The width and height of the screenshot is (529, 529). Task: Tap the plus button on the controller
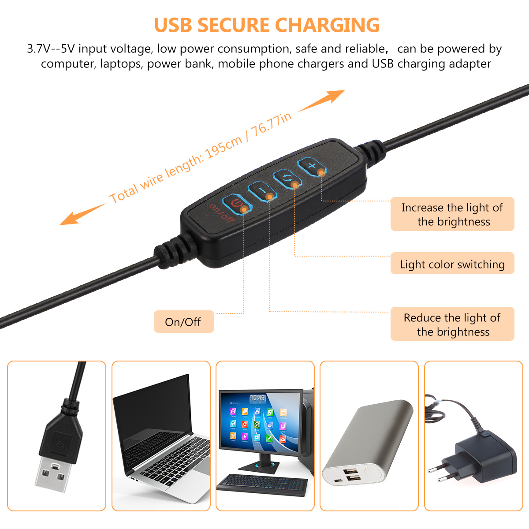(312, 166)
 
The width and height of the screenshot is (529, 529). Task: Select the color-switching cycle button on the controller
(287, 179)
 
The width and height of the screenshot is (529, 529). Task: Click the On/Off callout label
(184, 321)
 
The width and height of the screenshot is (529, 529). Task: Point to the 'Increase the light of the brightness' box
(452, 214)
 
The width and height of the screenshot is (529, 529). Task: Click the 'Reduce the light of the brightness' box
(452, 324)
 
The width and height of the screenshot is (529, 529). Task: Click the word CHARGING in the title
(327, 25)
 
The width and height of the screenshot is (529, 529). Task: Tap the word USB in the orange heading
(173, 25)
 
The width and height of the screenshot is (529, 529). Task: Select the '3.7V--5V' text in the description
(51, 48)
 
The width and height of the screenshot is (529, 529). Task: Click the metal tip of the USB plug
(53, 474)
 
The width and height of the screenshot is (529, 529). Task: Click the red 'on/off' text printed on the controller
(222, 213)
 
